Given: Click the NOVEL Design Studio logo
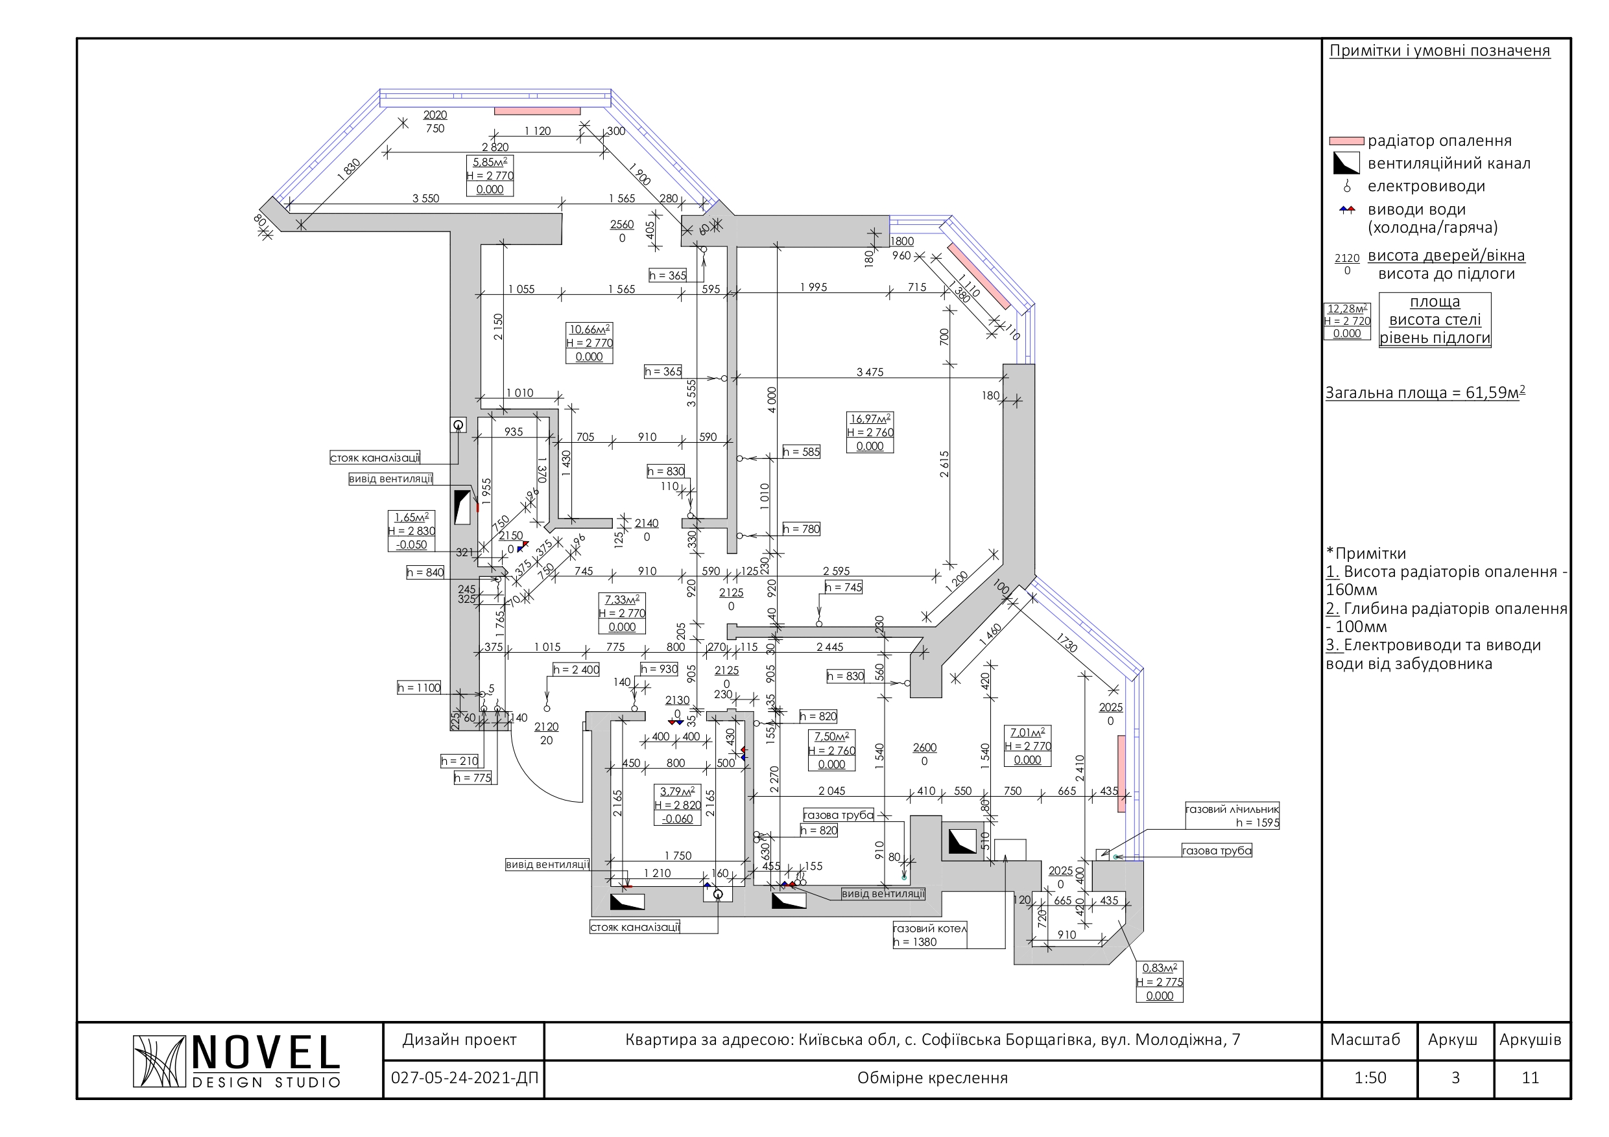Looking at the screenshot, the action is pos(236,1061).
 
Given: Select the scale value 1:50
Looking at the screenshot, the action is pos(1370,1077).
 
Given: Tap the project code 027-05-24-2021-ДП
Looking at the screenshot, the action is pos(464,1077).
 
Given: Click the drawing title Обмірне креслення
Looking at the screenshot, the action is pos(932,1077).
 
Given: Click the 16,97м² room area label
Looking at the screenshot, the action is pos(870,419).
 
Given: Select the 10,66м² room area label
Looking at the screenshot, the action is pos(589,329).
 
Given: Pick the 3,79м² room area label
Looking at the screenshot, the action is pos(677,791).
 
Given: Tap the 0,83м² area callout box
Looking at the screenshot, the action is pos(1159,981).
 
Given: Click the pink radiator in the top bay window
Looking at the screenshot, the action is pos(538,111).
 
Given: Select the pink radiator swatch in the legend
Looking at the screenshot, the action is pos(1346,141).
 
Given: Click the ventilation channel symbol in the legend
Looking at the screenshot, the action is pos(1346,163).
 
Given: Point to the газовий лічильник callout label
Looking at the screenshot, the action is pos(1232,809).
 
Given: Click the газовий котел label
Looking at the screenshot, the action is pos(930,928).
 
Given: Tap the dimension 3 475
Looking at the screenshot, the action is pos(870,372).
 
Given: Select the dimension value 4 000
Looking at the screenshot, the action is pos(772,400).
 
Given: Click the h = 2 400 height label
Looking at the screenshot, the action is pos(576,670).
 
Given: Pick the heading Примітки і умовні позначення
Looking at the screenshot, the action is pos(1440,51).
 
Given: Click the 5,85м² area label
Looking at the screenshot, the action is pos(490,162).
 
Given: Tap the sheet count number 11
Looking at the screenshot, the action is pos(1531,1077).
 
